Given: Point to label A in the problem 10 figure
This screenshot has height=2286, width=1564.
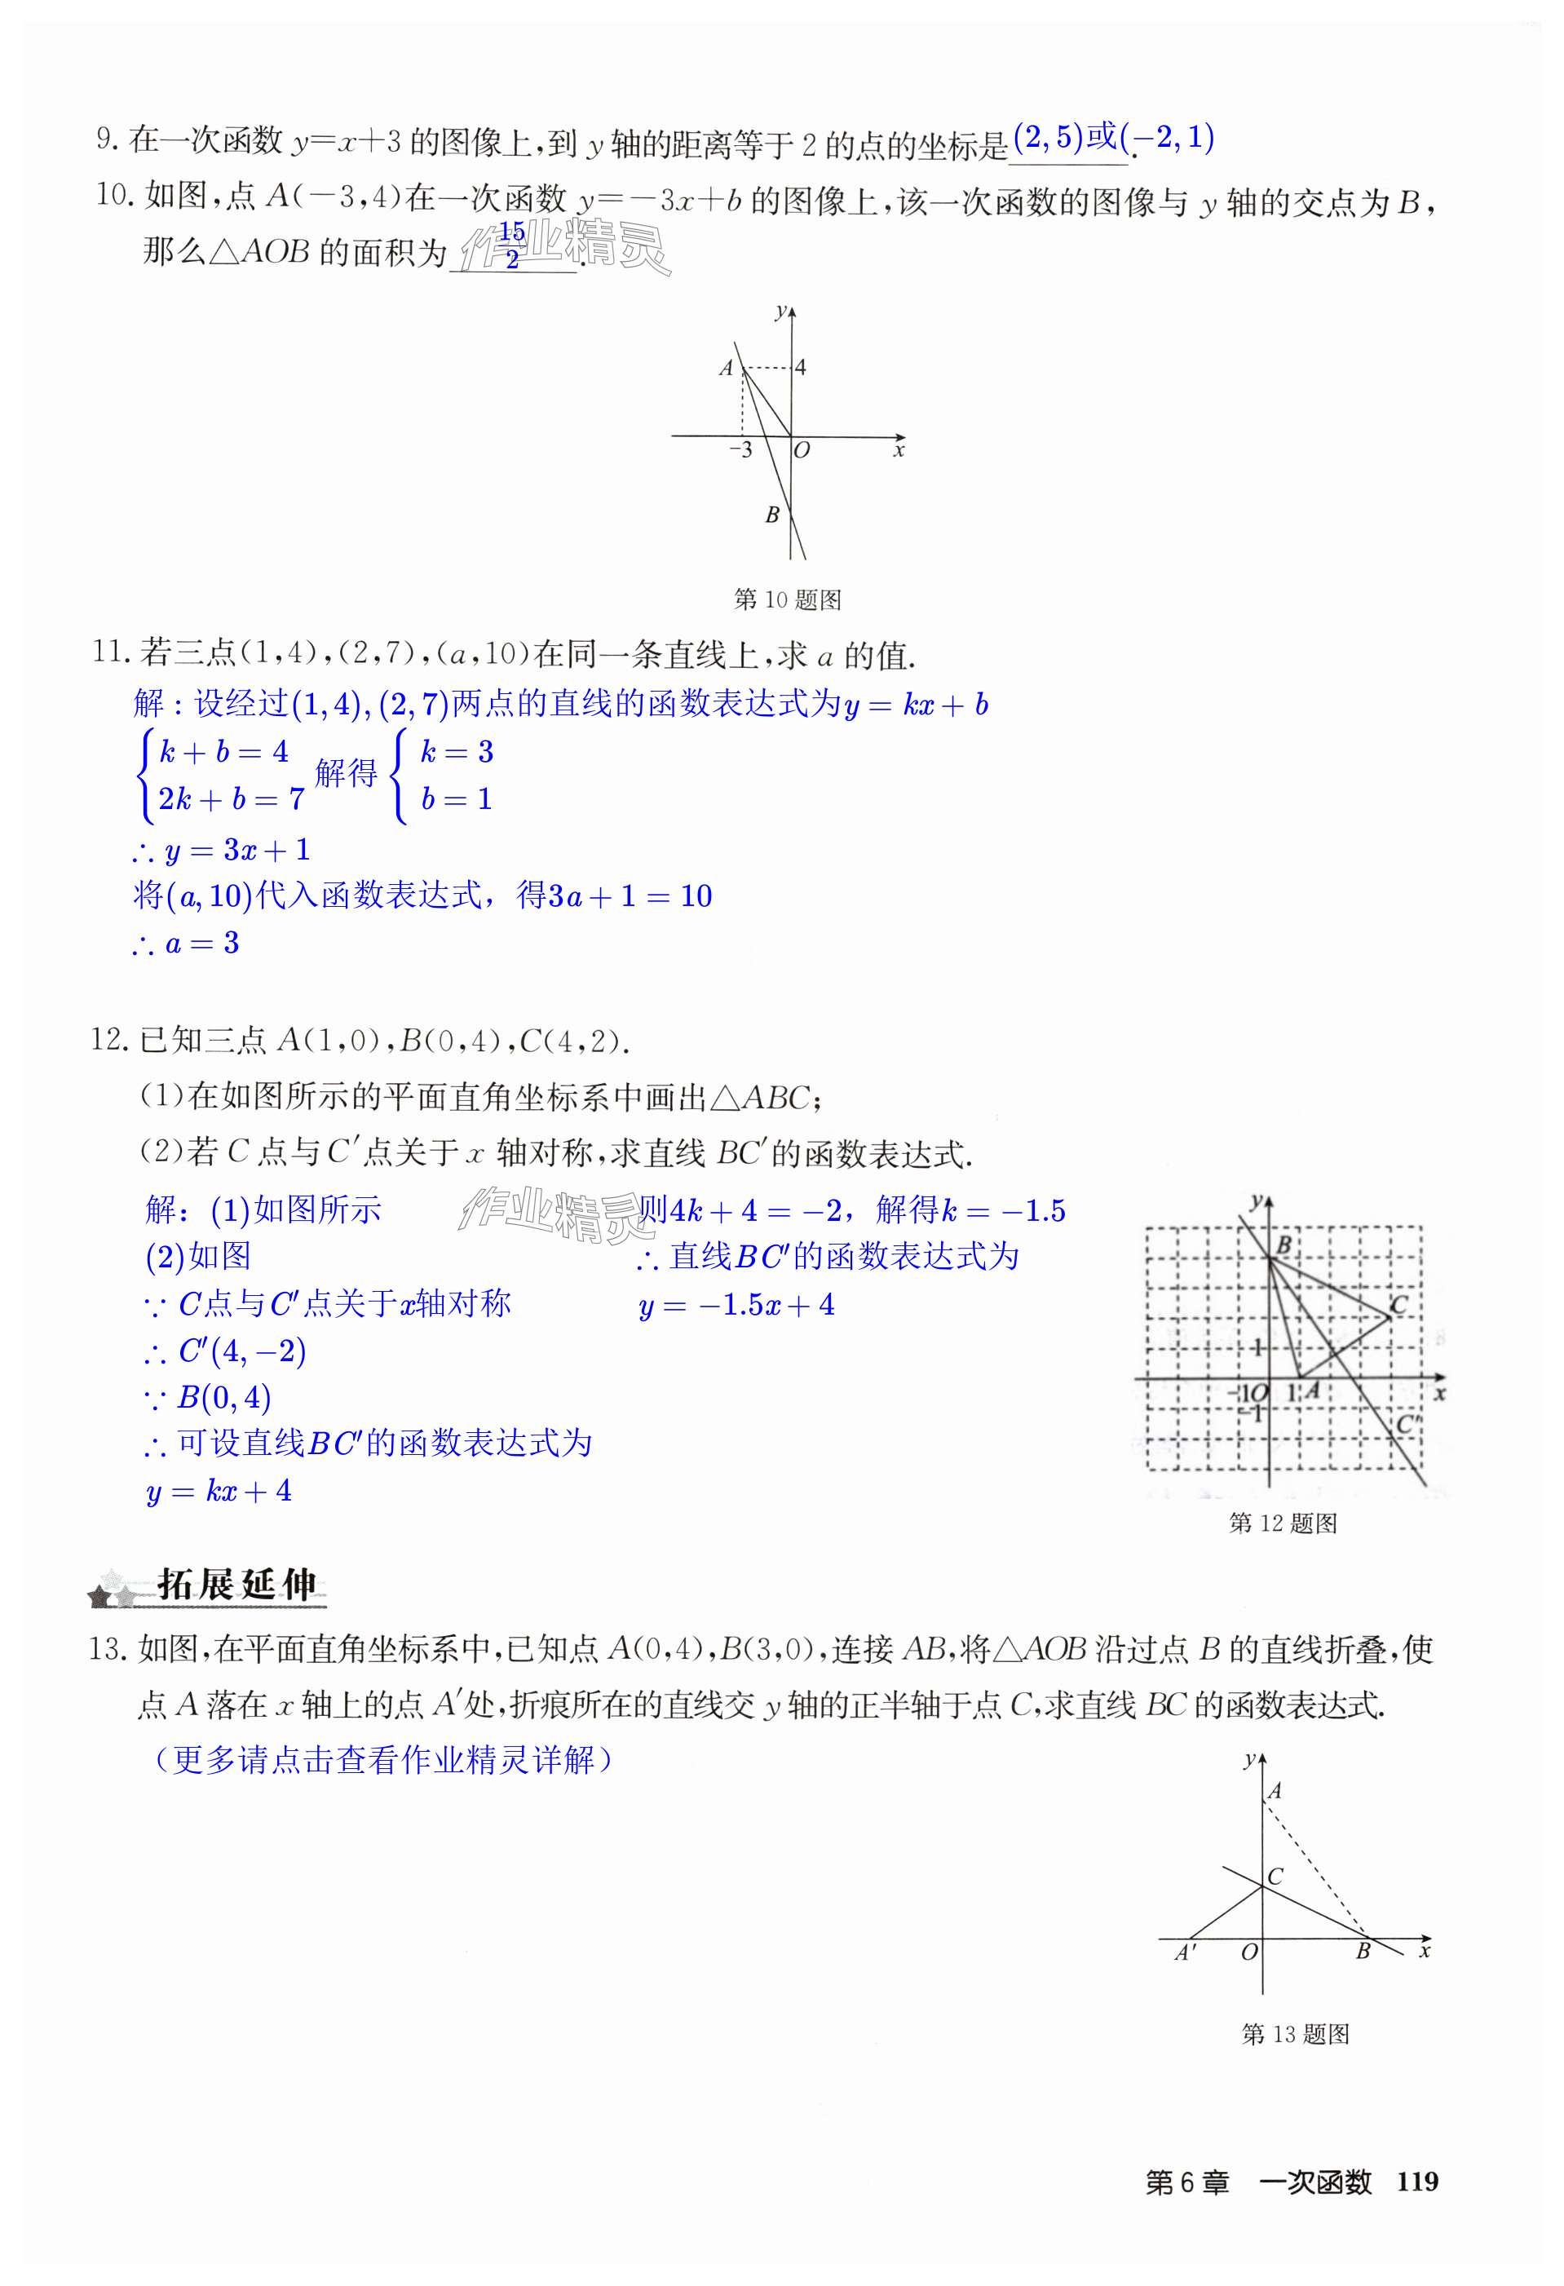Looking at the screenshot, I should [726, 368].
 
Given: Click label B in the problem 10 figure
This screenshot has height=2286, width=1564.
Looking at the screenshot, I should [772, 515].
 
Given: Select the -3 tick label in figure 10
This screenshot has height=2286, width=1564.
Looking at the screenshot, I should [740, 450].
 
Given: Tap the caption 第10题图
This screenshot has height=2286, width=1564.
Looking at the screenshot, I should [787, 599].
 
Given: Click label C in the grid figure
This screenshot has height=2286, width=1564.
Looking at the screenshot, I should [1398, 1304].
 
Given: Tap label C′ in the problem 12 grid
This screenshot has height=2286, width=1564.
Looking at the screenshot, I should [1407, 1423].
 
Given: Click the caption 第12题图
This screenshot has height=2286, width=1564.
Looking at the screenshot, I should [1283, 1523].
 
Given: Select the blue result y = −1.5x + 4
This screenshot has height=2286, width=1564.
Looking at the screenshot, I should [736, 1306].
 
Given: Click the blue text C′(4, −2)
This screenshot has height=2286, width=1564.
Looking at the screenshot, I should [241, 1351].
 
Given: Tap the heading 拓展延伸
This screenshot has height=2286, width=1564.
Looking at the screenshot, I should [237, 1585].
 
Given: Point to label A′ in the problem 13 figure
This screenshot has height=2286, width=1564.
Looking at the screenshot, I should [1186, 1952].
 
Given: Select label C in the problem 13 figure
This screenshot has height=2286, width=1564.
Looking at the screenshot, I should [1275, 1876].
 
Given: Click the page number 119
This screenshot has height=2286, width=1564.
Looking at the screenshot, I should [1416, 2182].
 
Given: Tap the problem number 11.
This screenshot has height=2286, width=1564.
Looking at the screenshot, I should [110, 652].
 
